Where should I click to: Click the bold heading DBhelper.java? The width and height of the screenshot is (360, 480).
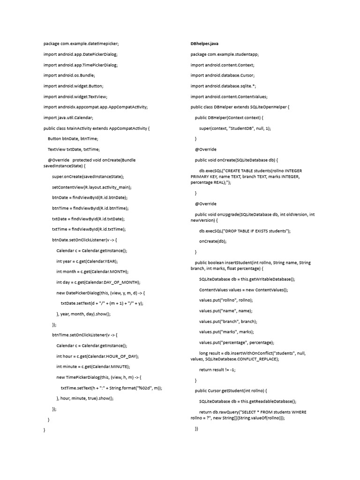[x=204, y=44]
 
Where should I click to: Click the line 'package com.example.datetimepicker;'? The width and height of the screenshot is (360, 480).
[x=81, y=44]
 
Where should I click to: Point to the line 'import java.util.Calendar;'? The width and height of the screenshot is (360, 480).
[x=68, y=118]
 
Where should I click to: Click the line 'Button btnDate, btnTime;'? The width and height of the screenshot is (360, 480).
[x=73, y=139]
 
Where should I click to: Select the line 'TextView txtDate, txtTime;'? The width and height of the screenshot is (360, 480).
[x=74, y=150]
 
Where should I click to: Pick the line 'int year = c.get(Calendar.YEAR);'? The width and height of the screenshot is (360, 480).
[x=87, y=261]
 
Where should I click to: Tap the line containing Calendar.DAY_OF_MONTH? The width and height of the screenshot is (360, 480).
[x=98, y=282]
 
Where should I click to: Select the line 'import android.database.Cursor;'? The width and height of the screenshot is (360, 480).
[x=222, y=75]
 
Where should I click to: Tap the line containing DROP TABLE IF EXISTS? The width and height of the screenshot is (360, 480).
[x=245, y=231]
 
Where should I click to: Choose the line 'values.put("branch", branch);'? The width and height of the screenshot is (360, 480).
[x=228, y=322]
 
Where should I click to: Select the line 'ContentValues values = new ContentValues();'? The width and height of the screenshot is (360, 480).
[x=244, y=290]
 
